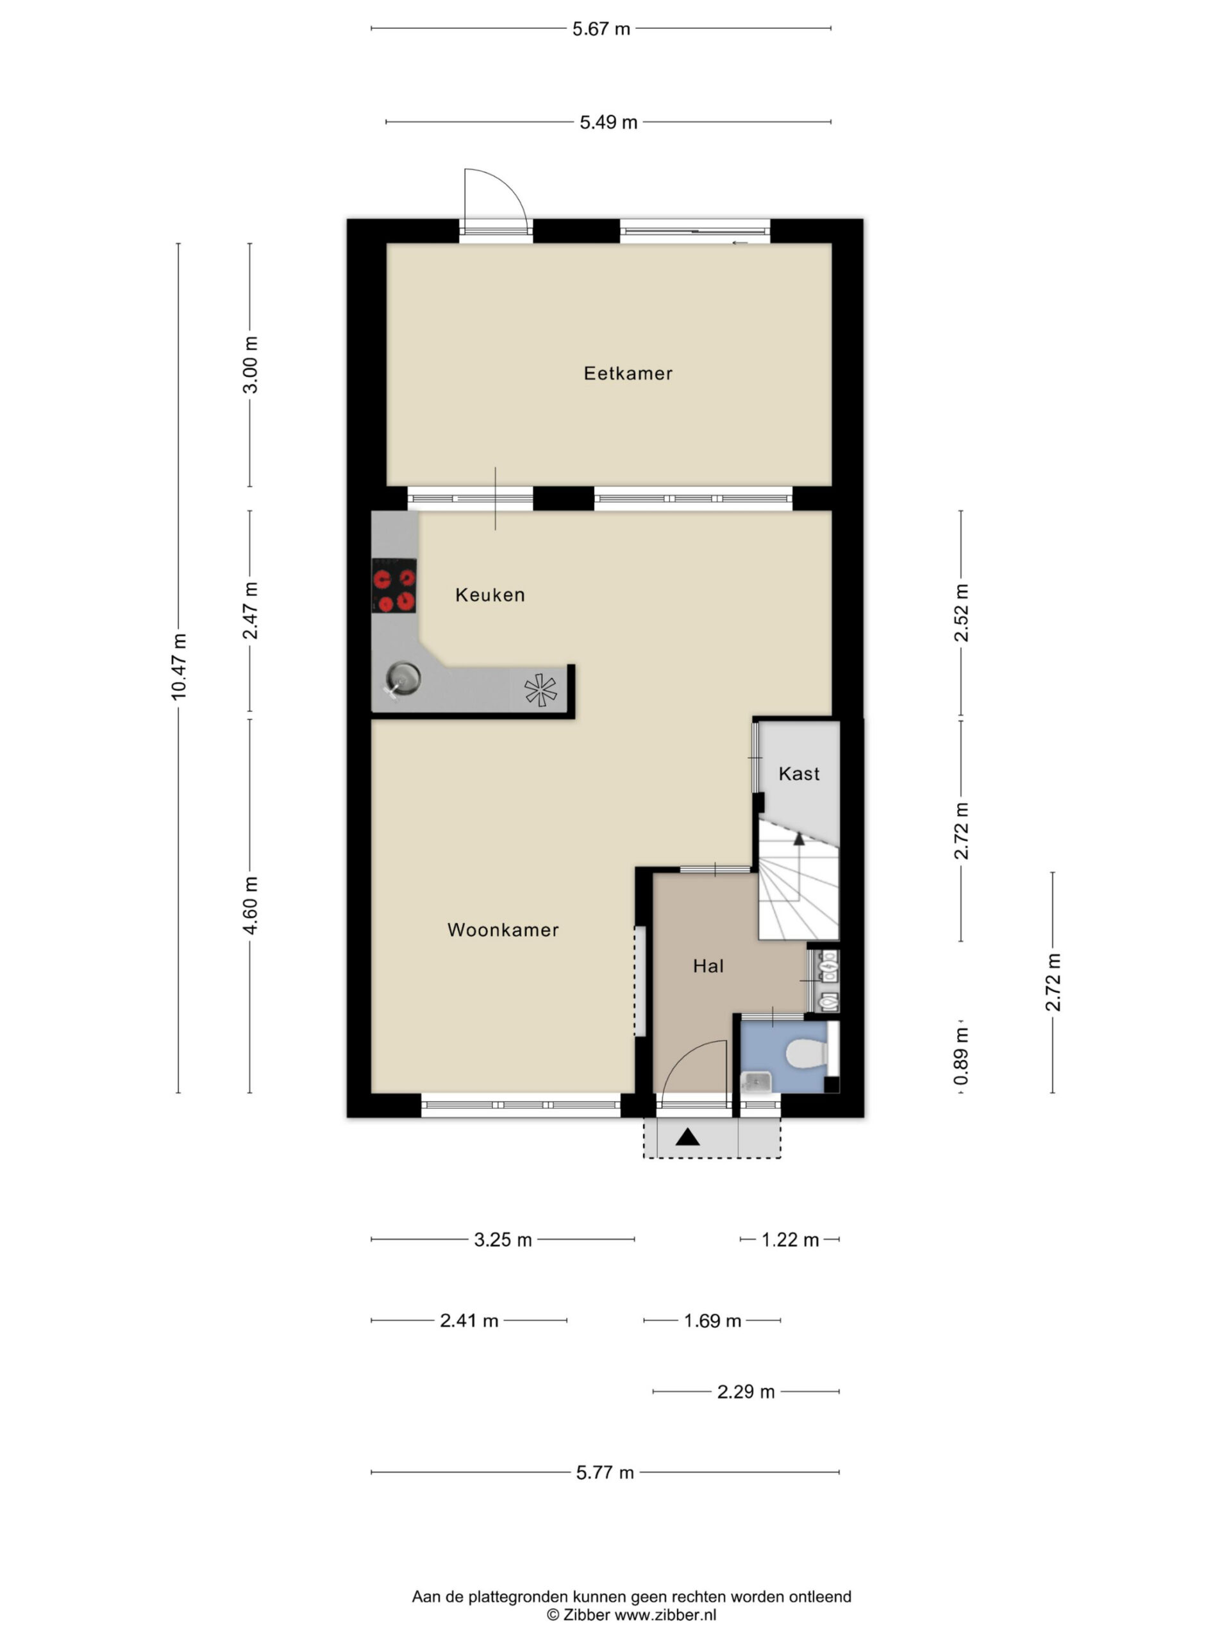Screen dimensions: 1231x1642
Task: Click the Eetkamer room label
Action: (x=627, y=373)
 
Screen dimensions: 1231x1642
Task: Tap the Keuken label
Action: (x=490, y=595)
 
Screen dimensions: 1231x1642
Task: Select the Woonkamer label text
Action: (x=503, y=930)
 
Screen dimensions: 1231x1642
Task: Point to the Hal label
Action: (x=708, y=966)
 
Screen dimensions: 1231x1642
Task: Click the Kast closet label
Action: (x=798, y=774)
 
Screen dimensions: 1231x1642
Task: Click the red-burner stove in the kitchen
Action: (x=393, y=586)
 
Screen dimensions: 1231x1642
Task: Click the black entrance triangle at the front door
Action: (x=687, y=1137)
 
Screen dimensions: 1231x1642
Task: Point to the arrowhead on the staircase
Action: (x=798, y=839)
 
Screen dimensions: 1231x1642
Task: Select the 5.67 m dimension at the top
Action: (x=601, y=29)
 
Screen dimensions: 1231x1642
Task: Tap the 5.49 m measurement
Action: (x=608, y=123)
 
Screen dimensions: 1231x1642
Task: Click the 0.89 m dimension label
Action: (x=961, y=1056)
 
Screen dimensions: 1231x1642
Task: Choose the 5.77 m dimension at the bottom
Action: (x=605, y=1472)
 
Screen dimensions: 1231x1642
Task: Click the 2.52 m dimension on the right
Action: (x=961, y=613)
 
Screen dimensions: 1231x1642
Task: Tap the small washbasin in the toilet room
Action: (x=755, y=1082)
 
